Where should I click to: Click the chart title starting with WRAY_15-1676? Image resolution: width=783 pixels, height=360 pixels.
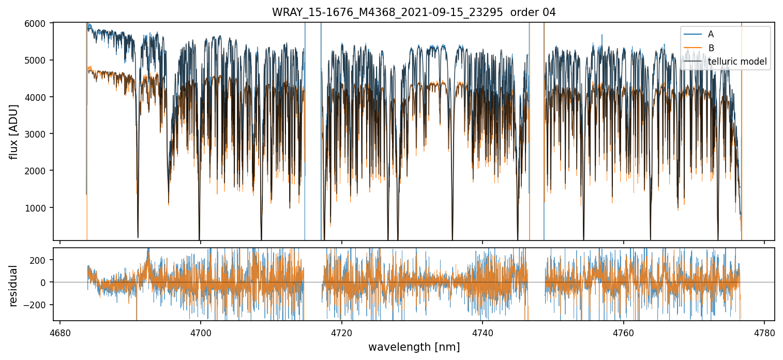coord(414,12)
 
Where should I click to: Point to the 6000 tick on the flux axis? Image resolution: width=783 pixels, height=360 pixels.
coord(40,23)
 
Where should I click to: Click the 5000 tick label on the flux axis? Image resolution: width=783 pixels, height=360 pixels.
coord(40,60)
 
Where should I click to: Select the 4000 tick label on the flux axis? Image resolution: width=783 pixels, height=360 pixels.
coord(40,97)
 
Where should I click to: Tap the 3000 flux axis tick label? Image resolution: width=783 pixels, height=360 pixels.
coord(40,134)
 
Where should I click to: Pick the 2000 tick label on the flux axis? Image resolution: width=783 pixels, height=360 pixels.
coord(40,171)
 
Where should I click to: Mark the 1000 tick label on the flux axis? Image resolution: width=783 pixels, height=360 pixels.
coord(40,208)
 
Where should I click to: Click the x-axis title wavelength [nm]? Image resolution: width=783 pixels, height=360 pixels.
coord(414,347)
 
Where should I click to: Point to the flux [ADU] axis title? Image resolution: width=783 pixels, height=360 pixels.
coord(14,131)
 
